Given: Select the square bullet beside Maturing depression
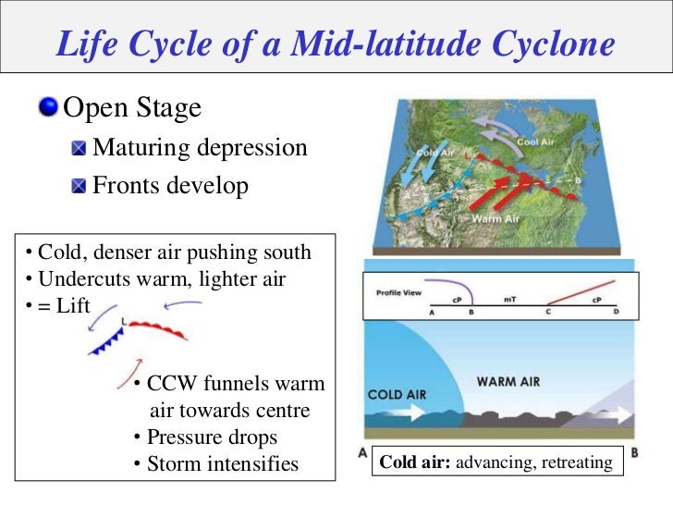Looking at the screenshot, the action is point(80,148).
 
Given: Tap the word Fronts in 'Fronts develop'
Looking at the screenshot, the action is point(124,186).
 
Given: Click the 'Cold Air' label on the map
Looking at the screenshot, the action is point(434,153).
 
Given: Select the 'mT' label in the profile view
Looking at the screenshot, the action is point(509,300).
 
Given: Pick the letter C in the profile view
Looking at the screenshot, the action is point(547,314).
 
